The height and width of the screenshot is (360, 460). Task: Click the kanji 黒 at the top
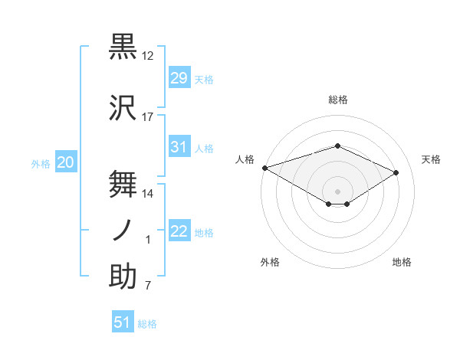[123, 47]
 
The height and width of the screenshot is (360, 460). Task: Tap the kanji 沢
[123, 107]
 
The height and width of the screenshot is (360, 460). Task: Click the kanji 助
[123, 277]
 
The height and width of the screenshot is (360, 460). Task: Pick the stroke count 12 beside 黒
[148, 56]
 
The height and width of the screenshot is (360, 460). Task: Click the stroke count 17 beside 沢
[148, 117]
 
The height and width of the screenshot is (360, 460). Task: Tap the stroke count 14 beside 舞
[148, 194]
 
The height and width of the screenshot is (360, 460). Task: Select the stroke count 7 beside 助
[148, 286]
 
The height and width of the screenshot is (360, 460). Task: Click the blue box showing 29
[179, 77]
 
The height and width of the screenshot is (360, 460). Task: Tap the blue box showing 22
[179, 231]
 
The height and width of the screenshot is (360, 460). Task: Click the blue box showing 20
[66, 162]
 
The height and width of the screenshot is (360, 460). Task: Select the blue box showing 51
[123, 322]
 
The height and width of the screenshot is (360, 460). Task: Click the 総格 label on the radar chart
[338, 100]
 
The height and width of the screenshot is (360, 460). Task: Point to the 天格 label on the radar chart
[432, 159]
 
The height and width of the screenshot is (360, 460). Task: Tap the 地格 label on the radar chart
[402, 262]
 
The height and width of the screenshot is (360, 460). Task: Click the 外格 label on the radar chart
[270, 262]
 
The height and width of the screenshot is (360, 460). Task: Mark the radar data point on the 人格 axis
[264, 168]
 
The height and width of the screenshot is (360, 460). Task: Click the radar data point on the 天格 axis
[396, 172]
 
